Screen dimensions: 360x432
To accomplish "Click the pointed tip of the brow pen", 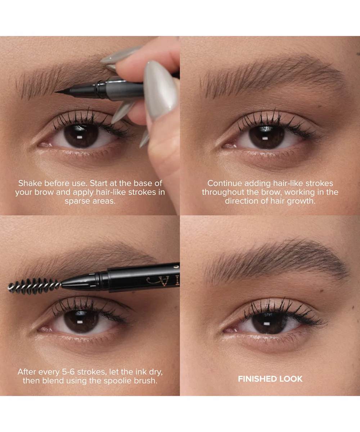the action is (55, 92).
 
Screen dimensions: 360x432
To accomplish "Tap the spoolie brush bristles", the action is (34, 286).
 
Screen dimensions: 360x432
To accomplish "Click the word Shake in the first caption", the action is (30, 183).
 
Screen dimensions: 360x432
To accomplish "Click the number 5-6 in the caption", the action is (68, 372).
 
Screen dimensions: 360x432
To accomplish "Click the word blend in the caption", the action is (53, 381).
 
